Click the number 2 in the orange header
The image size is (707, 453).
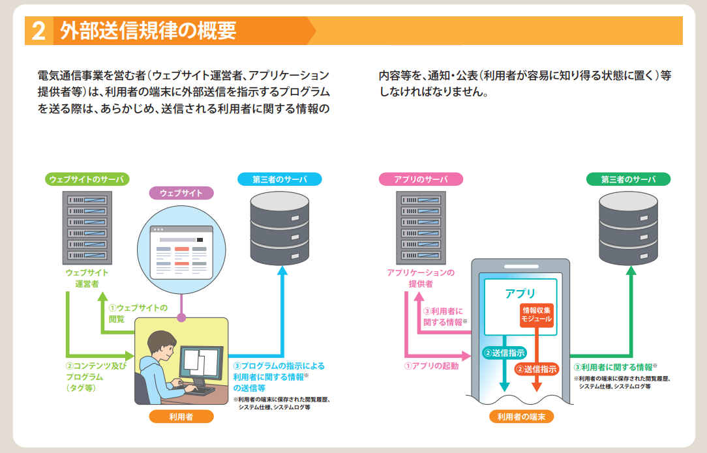coord(38,31)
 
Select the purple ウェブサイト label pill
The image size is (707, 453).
coord(181,193)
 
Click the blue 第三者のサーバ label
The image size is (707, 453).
coord(280,179)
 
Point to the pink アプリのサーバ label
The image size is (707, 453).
coord(421,179)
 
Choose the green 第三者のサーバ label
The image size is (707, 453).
coord(627,179)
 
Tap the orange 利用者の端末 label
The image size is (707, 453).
coord(521,416)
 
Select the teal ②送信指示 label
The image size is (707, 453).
coord(504,353)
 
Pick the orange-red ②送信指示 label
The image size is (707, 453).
coord(537,369)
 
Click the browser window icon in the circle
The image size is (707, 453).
coord(181,252)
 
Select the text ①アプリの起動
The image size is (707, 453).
coord(431,366)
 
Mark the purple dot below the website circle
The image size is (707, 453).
coord(182,317)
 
